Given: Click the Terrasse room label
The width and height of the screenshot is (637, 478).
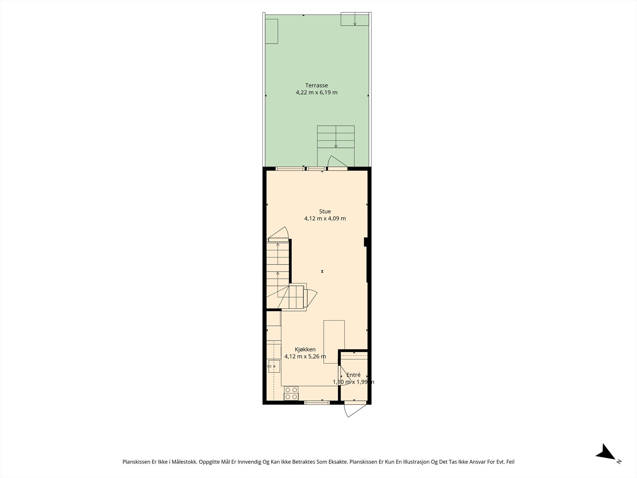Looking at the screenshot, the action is tap(317, 85).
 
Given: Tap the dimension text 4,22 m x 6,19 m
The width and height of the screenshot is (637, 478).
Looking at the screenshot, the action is tap(317, 92).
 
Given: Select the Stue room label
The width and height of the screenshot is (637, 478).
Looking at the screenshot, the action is tap(325, 211).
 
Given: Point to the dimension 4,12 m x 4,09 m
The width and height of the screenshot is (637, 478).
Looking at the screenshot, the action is tap(325, 219).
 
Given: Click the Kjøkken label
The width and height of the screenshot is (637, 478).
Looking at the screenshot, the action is tap(305, 349).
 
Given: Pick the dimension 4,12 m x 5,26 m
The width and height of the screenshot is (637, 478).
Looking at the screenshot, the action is tap(305, 357).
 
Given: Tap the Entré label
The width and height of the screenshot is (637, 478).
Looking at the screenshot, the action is tap(353, 375).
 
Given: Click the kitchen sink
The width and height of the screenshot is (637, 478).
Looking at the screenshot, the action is tap(274, 366).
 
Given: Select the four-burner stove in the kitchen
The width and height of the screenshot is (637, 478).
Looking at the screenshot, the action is tap(291, 393).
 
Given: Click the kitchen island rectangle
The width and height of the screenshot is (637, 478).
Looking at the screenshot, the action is tap(334, 342).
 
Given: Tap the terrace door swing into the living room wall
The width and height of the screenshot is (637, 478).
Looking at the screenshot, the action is tap(337, 162).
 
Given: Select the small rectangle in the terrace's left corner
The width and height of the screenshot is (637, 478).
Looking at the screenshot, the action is tap(272, 31).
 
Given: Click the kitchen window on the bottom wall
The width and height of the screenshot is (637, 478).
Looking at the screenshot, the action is tap(317, 403).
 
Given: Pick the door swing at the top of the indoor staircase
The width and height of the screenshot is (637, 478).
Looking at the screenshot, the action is tap(279, 234).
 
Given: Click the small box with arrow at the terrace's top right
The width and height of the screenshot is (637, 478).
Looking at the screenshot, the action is tap(355, 19).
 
